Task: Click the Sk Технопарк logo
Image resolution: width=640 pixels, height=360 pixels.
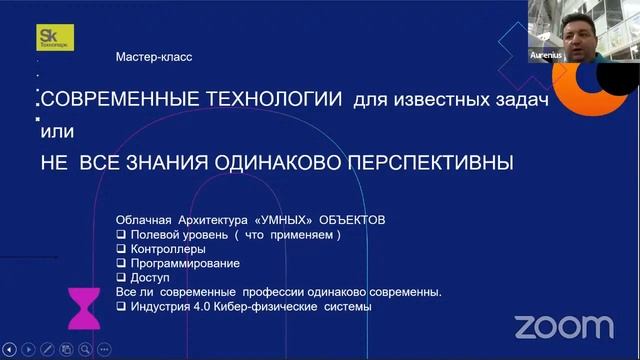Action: [51, 37]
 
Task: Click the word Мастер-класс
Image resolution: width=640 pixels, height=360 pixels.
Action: [154, 57]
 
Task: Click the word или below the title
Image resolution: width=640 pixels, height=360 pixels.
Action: [57, 131]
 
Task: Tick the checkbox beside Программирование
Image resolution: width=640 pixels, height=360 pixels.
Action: [122, 263]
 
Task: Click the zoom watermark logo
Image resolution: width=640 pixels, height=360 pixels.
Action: [564, 326]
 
